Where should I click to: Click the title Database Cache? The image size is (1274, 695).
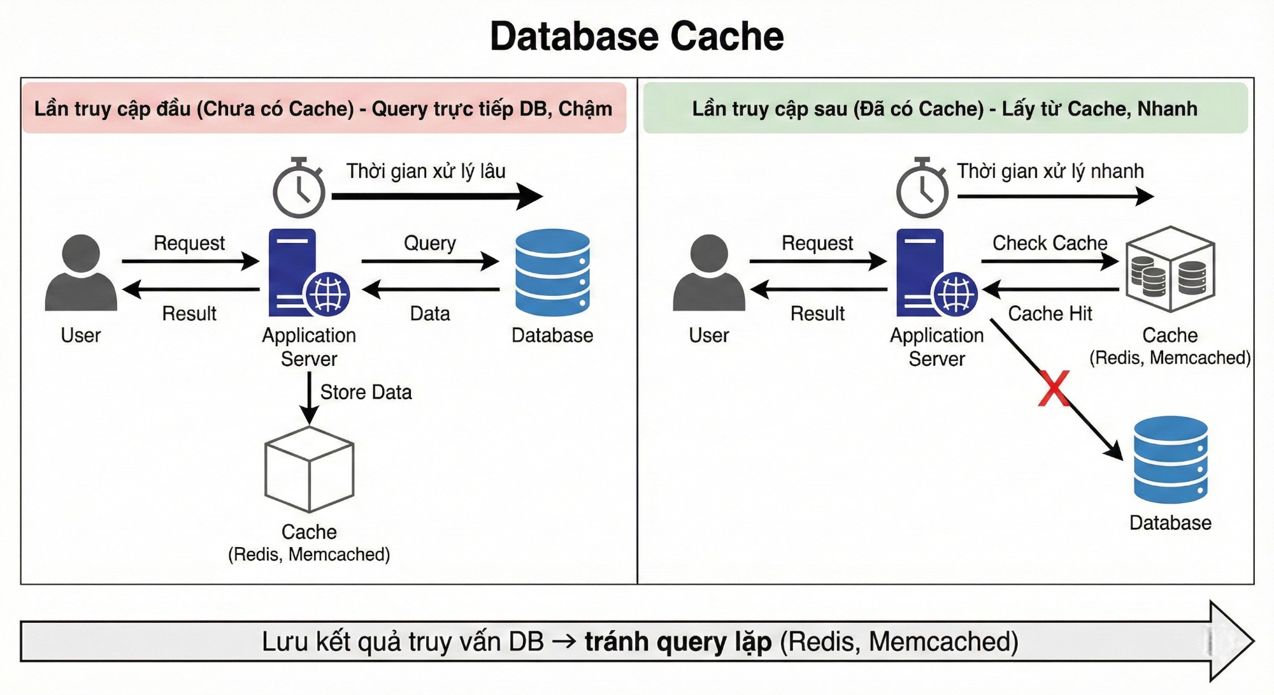pyautogui.click(x=636, y=36)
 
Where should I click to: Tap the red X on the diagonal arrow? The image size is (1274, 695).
pyautogui.click(x=1054, y=389)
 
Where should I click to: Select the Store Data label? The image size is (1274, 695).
pyautogui.click(x=366, y=392)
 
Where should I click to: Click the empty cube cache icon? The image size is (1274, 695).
pyautogui.click(x=309, y=470)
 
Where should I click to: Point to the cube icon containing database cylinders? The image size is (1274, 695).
pyautogui.click(x=1170, y=270)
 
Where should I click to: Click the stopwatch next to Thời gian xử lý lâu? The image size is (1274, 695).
pyautogui.click(x=299, y=189)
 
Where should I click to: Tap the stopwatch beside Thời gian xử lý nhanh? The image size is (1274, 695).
pyautogui.click(x=922, y=189)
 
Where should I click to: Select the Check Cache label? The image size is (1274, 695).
pyautogui.click(x=1050, y=243)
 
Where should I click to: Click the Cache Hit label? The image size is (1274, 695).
pyautogui.click(x=1050, y=314)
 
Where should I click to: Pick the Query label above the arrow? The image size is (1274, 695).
pyautogui.click(x=430, y=243)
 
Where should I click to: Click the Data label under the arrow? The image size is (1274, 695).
pyautogui.click(x=430, y=314)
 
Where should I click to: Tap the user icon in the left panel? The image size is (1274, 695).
pyautogui.click(x=81, y=273)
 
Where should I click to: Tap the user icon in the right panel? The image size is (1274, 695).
pyautogui.click(x=708, y=273)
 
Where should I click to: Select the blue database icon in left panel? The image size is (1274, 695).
pyautogui.click(x=552, y=273)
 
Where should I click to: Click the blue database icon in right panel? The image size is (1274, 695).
pyautogui.click(x=1170, y=460)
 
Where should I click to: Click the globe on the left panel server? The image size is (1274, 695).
pyautogui.click(x=328, y=295)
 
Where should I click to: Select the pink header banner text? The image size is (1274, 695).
pyautogui.click(x=324, y=109)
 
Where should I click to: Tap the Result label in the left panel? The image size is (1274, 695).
pyautogui.click(x=189, y=314)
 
